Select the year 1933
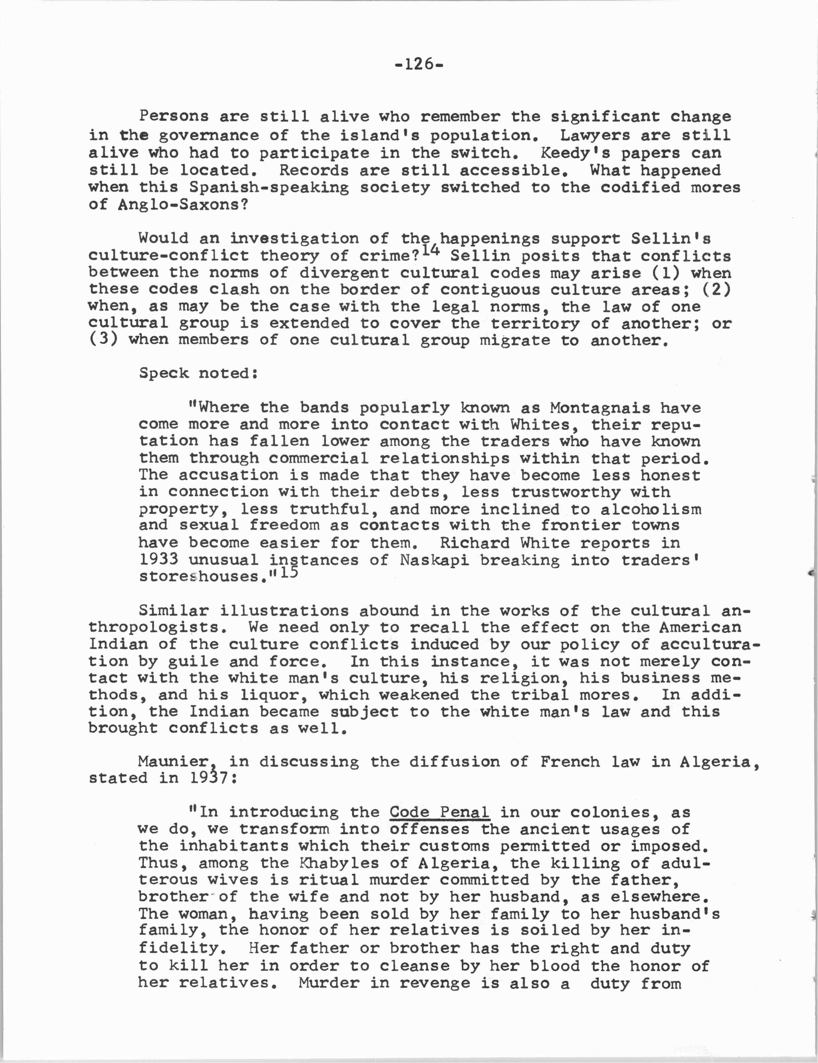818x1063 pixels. coord(158,560)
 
